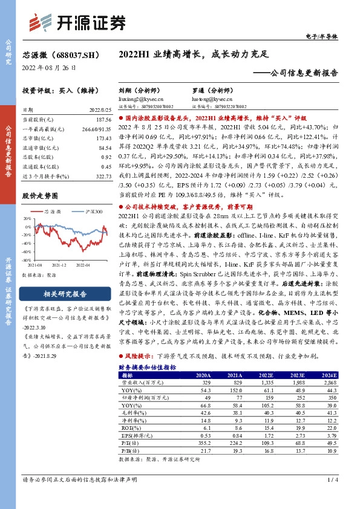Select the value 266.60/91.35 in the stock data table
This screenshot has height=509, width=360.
96,129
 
